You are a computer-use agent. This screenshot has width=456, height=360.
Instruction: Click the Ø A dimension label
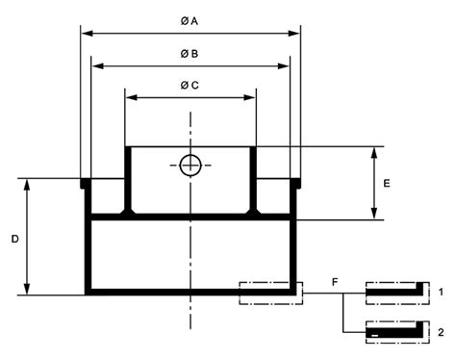pos(190,21)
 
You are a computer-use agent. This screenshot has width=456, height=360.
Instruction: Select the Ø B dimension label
pos(190,54)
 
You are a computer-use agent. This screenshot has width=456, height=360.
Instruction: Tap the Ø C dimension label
pos(190,86)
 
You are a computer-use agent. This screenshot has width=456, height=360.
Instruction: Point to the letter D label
pos(15,239)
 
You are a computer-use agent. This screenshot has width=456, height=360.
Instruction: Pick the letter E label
pos(387,183)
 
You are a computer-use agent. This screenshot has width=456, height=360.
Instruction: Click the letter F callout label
pos(335,282)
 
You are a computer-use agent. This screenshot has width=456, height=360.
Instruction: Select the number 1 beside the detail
pos(442,292)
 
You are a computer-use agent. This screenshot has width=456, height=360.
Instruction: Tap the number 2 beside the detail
pos(441,332)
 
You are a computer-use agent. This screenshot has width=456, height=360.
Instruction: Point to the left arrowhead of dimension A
pos(87,33)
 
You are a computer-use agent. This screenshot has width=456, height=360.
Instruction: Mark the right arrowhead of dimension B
pos(284,66)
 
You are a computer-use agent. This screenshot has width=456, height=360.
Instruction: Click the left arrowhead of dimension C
pos(132,97)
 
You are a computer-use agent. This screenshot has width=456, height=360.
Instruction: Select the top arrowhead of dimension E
pos(374,153)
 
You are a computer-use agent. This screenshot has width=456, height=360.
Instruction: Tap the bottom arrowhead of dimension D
pos(27,289)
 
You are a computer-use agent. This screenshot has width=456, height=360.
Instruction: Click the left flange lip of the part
pos(86,184)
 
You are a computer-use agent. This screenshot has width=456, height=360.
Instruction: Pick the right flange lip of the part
pos(295,184)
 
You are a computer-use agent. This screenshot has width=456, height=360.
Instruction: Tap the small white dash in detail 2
pos(374,336)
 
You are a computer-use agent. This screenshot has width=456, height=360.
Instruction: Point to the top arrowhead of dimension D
pos(27,185)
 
